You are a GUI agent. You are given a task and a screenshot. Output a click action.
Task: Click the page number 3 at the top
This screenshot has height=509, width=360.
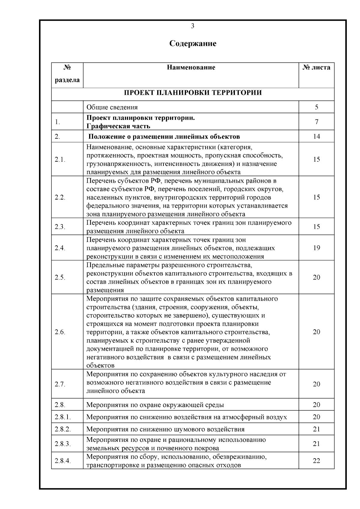point(193,26)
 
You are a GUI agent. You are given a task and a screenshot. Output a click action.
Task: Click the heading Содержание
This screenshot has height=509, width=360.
point(193,43)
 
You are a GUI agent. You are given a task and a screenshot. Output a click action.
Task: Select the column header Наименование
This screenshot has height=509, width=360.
point(191,67)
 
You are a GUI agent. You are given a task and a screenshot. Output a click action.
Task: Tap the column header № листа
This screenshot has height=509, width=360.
point(316,67)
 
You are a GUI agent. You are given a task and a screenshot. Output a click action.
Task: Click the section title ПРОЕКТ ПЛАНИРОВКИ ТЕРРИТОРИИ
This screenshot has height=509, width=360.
point(193,92)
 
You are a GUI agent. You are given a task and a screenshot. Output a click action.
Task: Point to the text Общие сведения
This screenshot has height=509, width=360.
point(112,107)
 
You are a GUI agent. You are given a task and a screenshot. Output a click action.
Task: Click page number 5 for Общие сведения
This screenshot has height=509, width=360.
point(316,107)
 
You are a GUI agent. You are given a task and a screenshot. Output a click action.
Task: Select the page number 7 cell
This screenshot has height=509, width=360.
point(316,122)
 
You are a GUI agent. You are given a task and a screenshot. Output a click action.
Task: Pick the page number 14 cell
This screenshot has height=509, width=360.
point(316,136)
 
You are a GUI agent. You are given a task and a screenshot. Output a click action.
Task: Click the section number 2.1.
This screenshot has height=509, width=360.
point(60,160)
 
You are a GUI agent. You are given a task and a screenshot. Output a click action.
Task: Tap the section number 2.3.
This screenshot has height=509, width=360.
point(60,227)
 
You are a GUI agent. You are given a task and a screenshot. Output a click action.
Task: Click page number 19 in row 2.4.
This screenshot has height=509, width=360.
point(316,248)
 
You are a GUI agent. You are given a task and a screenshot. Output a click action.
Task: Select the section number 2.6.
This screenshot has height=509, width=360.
point(60,332)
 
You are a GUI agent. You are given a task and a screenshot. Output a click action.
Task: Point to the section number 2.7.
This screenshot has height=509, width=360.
point(60,384)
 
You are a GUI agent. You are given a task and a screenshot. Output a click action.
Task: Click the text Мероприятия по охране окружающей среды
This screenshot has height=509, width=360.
point(155,405)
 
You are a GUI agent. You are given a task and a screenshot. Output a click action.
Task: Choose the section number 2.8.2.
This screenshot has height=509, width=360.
point(63,429)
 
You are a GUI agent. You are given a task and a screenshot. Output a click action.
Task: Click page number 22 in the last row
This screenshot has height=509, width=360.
point(316,461)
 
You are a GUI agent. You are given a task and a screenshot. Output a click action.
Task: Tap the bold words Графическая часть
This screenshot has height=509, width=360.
point(118,126)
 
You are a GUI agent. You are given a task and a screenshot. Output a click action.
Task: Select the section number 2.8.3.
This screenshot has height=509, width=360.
point(63,444)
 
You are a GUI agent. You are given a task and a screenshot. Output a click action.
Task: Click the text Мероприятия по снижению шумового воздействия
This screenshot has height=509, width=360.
point(165,429)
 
